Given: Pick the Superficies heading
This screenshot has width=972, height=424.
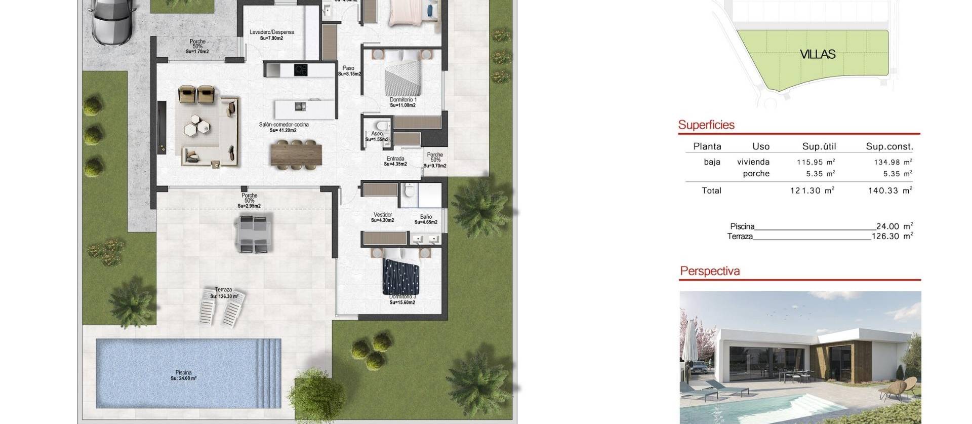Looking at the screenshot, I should [x=706, y=125].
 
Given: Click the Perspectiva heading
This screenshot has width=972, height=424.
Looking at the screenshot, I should [x=710, y=271].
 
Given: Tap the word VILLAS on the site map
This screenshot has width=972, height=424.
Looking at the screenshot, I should [x=818, y=55].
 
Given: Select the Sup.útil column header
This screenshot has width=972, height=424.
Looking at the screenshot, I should [x=819, y=146].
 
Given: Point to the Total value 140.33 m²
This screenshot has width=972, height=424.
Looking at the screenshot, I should [x=893, y=190].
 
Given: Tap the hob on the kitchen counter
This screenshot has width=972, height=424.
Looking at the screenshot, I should [x=301, y=70].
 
